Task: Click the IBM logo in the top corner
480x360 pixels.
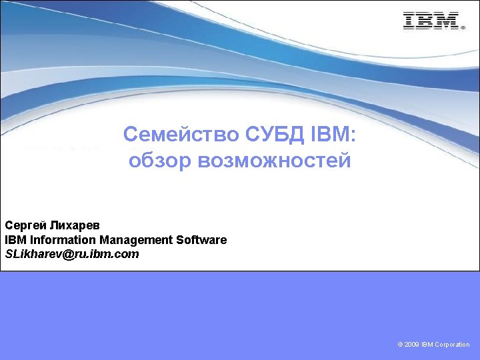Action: tap(431, 21)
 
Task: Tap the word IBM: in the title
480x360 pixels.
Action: tap(335, 135)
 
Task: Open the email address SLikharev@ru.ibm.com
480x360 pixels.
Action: tap(72, 254)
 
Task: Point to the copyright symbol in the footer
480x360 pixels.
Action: tap(399, 345)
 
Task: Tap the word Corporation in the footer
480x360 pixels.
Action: tap(453, 345)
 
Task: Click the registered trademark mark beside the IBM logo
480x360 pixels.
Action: tap(462, 28)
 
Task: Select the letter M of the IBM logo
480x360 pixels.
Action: tap(446, 21)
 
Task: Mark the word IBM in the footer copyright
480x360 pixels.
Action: tap(427, 345)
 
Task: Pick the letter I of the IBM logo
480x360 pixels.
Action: tap(409, 21)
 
